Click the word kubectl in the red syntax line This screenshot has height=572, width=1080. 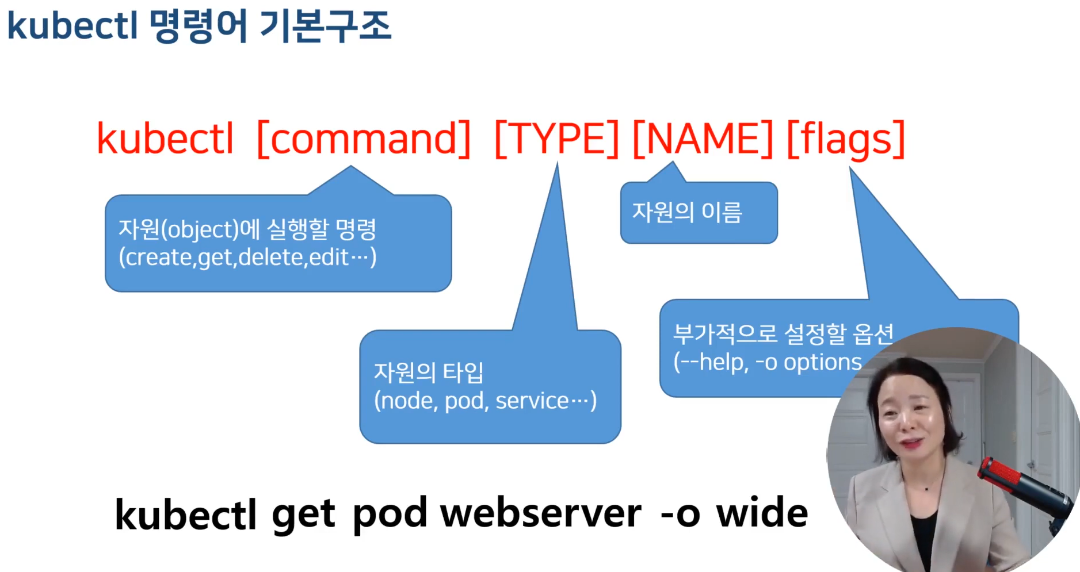(165, 139)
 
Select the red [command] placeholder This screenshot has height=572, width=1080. (364, 139)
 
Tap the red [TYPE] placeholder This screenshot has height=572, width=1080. (556, 139)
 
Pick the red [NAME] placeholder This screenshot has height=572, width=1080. (703, 139)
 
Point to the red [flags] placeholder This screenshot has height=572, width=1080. (846, 139)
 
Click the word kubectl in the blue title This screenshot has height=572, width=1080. (72, 26)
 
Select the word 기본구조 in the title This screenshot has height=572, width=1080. (326, 26)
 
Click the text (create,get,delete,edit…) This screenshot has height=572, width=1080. (247, 257)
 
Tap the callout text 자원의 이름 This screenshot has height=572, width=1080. (687, 212)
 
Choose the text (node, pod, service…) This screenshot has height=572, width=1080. (485, 401)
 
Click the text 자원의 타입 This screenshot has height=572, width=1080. (429, 373)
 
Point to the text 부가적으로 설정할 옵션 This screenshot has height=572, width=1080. (783, 333)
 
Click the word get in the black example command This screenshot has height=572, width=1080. (303, 513)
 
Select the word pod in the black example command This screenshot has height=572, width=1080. (390, 513)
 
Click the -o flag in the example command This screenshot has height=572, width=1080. (680, 513)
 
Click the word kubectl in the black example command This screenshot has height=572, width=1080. (185, 513)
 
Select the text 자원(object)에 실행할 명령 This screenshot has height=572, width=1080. (247, 229)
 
